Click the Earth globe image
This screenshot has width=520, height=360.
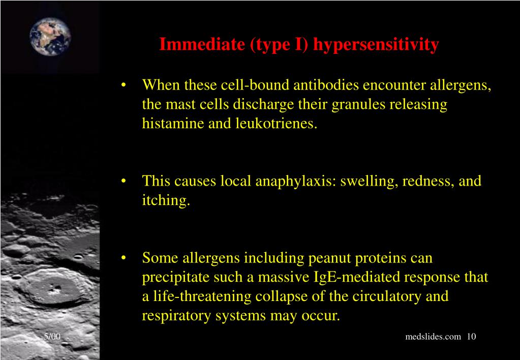pos(50,37)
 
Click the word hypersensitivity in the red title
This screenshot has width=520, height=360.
pos(376,45)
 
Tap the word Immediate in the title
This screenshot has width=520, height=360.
pos(202,44)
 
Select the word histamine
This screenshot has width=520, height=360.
pos(173,123)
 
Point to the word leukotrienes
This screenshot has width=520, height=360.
pos(277,123)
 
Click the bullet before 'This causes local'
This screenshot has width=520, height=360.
pos(124,182)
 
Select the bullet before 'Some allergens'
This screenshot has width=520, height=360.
pos(124,258)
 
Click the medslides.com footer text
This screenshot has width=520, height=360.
pos(433,337)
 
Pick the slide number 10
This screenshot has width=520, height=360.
pos(471,337)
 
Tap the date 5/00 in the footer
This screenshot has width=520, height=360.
pos(52,337)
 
